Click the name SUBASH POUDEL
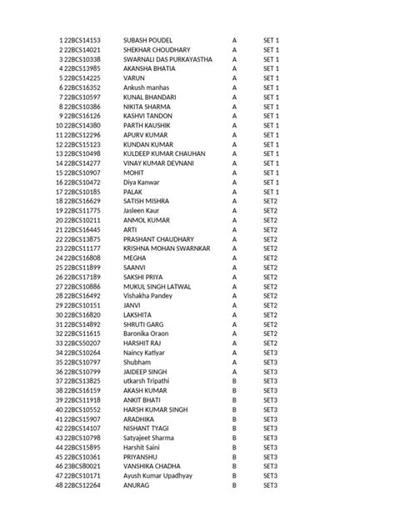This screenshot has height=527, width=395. pos(147,40)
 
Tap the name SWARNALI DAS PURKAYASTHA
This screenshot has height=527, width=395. pos(167,59)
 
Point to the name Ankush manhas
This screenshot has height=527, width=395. pos(147,88)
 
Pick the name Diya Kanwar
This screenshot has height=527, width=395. pos(141,182)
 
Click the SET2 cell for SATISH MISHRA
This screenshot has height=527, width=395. pos(270,201)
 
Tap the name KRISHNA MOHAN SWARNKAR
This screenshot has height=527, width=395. pos(166,248)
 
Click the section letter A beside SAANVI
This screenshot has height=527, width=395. pos(234,267)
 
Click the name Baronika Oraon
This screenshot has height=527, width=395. pos(146,334)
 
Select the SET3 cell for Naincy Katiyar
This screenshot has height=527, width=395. pos(270,353)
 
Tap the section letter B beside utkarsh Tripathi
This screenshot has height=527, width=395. pos(234,381)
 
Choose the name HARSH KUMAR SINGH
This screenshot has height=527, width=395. pos(155,409)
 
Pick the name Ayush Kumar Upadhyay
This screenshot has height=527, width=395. pos(157,475)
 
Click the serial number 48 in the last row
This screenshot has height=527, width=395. pos(59,485)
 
